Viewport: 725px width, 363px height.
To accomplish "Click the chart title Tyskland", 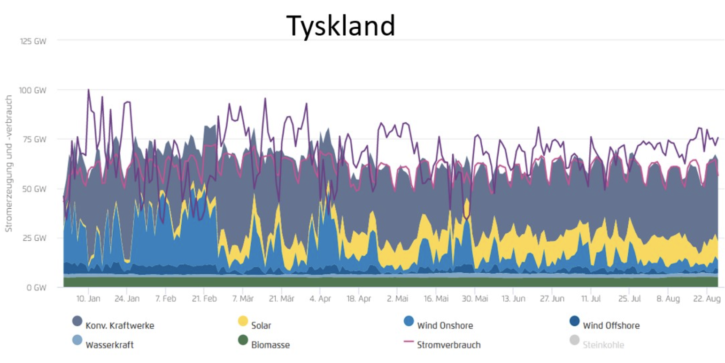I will [x=341, y=25].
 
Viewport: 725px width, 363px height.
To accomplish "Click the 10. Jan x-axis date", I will [x=88, y=299].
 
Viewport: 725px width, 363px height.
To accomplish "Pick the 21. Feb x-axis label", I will [x=204, y=299].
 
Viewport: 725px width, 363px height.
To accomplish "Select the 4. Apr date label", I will [x=320, y=299].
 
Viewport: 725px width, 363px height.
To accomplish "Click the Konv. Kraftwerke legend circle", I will [x=77, y=322].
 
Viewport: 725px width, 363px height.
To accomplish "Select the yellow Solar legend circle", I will [x=243, y=322].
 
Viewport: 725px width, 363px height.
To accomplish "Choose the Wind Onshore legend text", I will [x=445, y=325].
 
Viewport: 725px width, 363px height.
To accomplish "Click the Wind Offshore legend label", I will [x=611, y=325].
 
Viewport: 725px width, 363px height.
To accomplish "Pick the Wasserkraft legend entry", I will [x=109, y=345].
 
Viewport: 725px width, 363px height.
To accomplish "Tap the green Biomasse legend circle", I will [x=243, y=340].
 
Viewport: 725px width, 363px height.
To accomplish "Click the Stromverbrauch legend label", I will [x=448, y=345].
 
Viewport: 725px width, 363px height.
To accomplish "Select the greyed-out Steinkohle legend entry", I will [x=603, y=345].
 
